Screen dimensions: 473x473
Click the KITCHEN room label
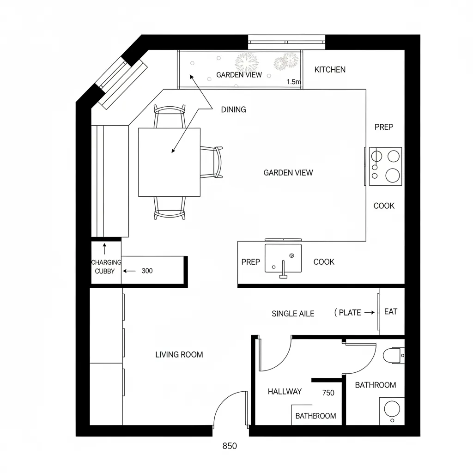(x=330, y=70)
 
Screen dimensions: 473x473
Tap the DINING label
(x=233, y=109)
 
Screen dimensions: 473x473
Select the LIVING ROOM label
(x=179, y=354)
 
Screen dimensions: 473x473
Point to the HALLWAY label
(x=285, y=391)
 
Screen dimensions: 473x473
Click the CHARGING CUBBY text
(x=106, y=267)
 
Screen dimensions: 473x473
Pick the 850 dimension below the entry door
(x=230, y=446)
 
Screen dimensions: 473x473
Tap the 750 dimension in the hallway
(x=328, y=393)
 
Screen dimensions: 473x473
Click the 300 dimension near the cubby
(x=147, y=271)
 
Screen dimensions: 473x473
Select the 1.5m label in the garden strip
(x=293, y=82)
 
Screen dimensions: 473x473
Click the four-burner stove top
(x=386, y=166)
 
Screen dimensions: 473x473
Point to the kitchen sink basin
(x=283, y=258)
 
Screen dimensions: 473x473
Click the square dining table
(x=169, y=162)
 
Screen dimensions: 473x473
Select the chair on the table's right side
(x=212, y=162)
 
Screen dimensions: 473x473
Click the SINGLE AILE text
(x=293, y=314)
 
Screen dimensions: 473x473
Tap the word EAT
(x=391, y=312)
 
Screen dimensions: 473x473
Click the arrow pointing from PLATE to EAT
(x=370, y=313)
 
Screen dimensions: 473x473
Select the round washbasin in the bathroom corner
(x=392, y=409)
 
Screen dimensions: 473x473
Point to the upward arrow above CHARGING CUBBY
(x=105, y=249)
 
